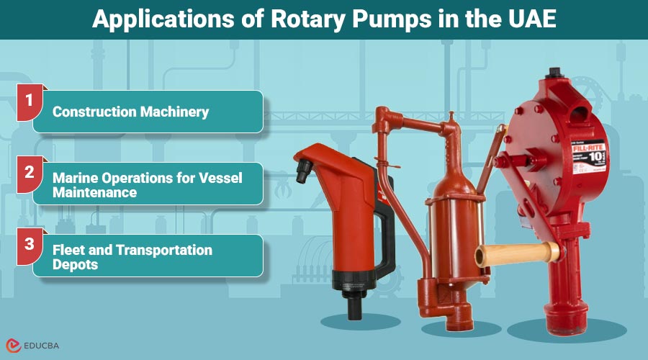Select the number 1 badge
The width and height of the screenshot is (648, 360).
30,100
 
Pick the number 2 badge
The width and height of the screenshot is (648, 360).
30,172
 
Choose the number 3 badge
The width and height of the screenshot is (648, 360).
30,243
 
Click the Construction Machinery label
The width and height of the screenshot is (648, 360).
130,112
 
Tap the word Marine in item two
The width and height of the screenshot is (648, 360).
74,177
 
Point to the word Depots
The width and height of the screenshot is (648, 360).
75,264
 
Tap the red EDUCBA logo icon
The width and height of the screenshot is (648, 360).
13,346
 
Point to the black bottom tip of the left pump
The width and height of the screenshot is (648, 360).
354,310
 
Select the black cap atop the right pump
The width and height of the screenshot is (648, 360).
555,72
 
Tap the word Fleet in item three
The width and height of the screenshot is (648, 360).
69,250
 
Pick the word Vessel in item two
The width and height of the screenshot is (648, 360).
218,177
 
